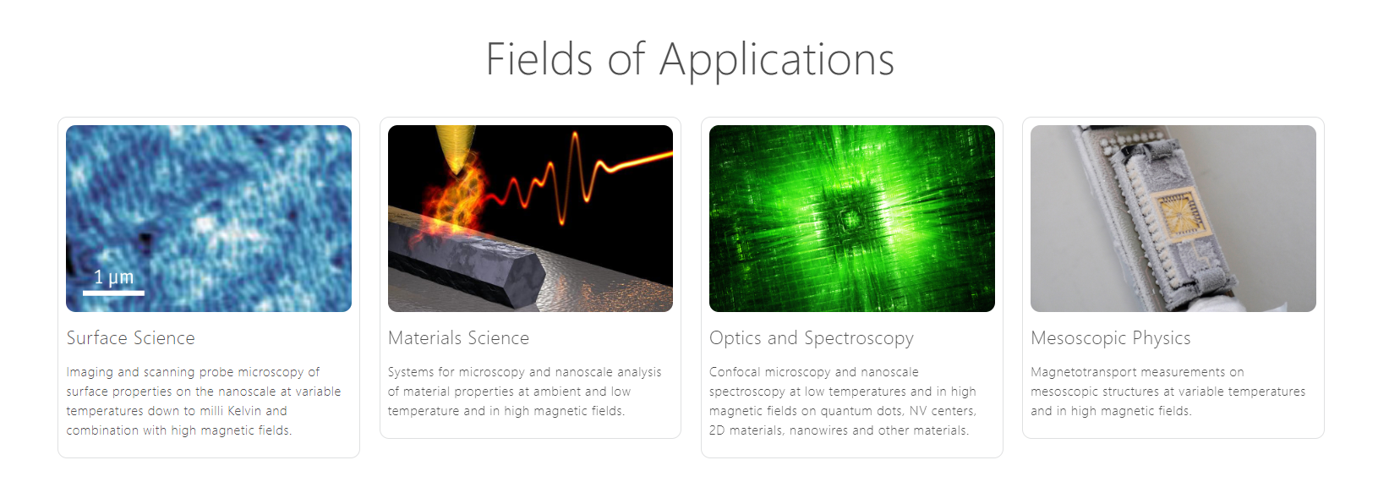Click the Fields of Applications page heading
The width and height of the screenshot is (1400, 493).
[690, 59]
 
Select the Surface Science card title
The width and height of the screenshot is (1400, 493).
[131, 338]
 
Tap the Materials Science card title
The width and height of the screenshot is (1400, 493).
[458, 338]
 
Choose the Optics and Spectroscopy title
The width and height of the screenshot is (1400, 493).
[812, 338]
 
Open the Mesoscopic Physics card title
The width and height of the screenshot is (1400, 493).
[1111, 338]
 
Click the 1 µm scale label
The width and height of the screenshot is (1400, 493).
[114, 277]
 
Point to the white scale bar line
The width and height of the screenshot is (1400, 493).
[114, 293]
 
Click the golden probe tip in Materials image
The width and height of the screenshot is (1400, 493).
[457, 148]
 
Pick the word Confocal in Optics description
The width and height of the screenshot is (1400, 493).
[735, 372]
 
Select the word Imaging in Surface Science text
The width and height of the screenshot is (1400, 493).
[90, 372]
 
